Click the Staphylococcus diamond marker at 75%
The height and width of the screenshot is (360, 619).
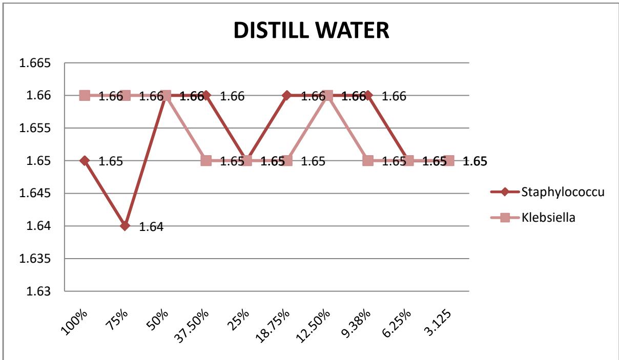(x=125, y=226)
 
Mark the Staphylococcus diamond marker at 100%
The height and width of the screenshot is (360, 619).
(x=85, y=161)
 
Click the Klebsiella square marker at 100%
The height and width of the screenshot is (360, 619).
(x=85, y=95)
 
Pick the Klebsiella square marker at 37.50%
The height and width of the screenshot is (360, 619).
(x=206, y=161)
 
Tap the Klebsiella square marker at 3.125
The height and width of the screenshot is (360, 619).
(x=448, y=161)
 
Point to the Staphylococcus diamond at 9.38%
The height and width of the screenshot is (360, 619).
(x=367, y=95)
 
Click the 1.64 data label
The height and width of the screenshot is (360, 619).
(x=152, y=227)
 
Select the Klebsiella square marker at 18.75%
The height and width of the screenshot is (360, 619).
(x=286, y=161)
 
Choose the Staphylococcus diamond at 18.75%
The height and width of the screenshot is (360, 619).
(x=286, y=95)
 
